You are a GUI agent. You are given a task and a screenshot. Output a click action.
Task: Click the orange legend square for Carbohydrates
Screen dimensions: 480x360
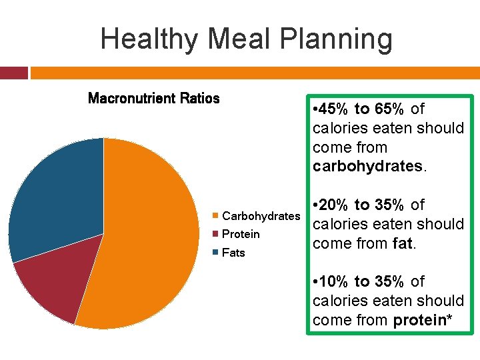coord(215,215)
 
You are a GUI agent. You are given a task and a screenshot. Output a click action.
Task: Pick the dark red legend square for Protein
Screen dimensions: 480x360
coord(215,234)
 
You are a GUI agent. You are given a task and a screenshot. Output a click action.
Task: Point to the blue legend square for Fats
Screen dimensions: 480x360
coord(215,252)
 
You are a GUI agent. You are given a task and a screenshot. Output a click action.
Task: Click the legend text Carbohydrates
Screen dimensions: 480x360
coord(261,216)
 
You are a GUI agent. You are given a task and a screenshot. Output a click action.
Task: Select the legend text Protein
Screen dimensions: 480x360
coord(241,234)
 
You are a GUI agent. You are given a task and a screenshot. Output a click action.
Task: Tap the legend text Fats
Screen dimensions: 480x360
coord(233,253)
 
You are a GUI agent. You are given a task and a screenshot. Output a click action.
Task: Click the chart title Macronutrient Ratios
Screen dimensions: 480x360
coord(154,98)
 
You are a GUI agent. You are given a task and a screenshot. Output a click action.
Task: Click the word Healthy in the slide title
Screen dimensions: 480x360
coord(149,39)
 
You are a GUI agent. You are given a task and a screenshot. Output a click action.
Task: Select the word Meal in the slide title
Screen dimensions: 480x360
coord(239,38)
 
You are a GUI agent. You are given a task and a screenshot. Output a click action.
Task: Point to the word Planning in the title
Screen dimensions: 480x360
coord(336,39)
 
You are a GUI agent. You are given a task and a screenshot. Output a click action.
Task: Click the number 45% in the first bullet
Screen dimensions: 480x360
coord(333,109)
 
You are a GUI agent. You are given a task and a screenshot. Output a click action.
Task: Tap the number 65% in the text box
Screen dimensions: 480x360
coord(389,109)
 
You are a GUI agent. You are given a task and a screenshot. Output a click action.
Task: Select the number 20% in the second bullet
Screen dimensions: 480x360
coord(333,205)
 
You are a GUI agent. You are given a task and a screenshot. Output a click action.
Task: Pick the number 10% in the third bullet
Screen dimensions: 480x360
coord(333,281)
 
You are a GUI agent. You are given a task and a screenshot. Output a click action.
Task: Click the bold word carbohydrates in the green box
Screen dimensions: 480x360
coord(367,166)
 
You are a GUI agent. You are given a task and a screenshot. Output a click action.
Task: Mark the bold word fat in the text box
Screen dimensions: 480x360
coord(402,243)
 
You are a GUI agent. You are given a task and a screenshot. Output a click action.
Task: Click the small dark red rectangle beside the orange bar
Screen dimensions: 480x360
coord(14,73)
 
